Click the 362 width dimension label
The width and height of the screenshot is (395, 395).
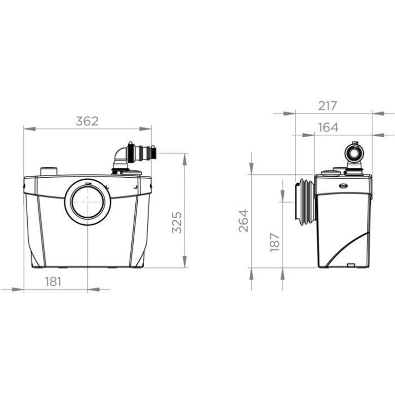(x=87, y=121)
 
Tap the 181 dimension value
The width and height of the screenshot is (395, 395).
(x=53, y=281)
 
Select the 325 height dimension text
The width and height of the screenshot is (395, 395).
(x=177, y=223)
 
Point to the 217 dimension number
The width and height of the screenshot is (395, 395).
(x=327, y=106)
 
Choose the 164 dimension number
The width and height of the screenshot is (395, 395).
(x=328, y=127)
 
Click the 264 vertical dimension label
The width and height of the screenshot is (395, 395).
(x=243, y=221)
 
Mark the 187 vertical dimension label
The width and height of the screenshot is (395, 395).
(x=275, y=242)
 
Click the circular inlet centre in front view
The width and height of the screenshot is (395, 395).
(x=88, y=202)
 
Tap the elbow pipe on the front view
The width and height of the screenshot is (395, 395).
(x=120, y=158)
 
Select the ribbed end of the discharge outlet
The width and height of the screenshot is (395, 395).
(x=153, y=153)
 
